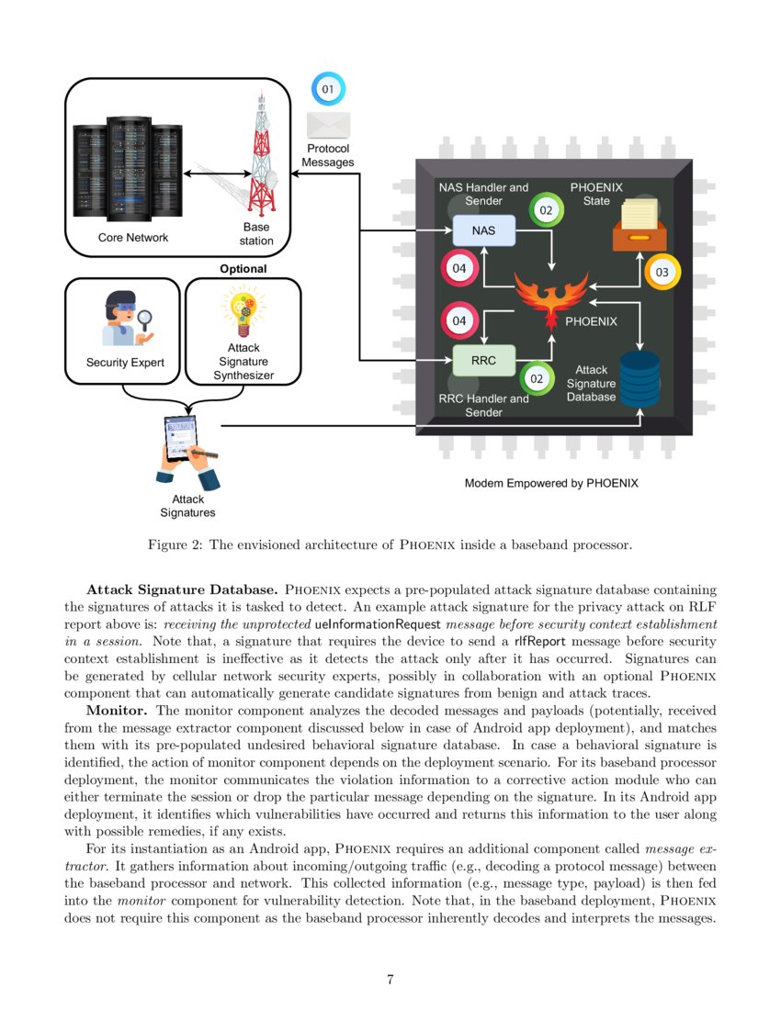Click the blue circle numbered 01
click(x=328, y=90)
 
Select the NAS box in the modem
click(x=484, y=230)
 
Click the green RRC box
click(x=484, y=361)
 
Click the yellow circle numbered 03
click(x=662, y=273)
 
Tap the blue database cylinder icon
click(x=640, y=377)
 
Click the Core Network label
click(x=133, y=238)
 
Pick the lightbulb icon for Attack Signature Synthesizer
click(x=243, y=311)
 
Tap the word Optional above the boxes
click(x=243, y=269)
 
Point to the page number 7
click(x=390, y=980)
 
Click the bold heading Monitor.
click(x=119, y=711)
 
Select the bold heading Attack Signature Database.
click(x=183, y=588)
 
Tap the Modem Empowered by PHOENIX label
click(x=550, y=483)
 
